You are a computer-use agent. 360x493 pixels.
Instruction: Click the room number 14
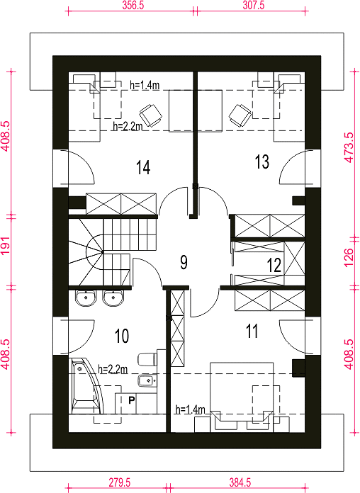143,167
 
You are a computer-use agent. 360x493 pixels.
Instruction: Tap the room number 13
262,162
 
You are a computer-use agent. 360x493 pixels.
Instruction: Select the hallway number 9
184,262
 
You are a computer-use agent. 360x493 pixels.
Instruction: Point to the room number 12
274,265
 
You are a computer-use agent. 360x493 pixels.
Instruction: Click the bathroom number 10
122,336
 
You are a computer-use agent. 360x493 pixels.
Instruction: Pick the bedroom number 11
252,331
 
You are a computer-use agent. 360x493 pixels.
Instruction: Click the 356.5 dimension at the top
133,6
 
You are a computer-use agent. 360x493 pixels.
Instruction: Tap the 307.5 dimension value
254,6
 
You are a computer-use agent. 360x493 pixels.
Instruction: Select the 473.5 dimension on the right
349,147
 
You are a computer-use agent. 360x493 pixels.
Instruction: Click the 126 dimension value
349,258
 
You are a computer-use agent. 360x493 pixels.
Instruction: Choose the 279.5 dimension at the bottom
120,482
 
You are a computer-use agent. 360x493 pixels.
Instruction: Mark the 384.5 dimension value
240,482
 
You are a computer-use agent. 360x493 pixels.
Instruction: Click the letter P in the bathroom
132,400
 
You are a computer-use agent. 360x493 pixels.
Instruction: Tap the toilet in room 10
147,359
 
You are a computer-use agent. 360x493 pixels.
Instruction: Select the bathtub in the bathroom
86,386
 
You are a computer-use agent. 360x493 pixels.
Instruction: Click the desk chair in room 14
151,115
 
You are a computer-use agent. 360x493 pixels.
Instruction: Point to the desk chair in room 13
240,115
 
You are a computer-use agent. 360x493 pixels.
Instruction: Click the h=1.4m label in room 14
145,85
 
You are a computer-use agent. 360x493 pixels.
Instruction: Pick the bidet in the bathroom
147,381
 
